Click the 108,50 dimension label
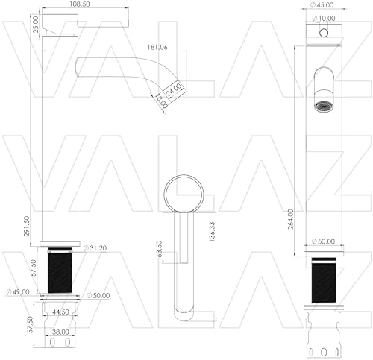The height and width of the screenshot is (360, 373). click(80, 4)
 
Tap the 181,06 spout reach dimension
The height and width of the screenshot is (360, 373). click(157, 47)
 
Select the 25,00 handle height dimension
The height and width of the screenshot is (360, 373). click(36, 25)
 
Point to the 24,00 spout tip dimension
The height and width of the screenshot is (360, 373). click(174, 89)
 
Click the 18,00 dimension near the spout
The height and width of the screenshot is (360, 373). click(161, 101)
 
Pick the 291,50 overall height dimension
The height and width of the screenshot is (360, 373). click(27, 226)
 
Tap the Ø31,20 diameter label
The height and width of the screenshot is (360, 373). click(95, 247)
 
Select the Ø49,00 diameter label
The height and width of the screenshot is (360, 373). click(18, 292)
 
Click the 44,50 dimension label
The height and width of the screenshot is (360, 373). click(61, 312)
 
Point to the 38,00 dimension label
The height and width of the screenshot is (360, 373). click(60, 332)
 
